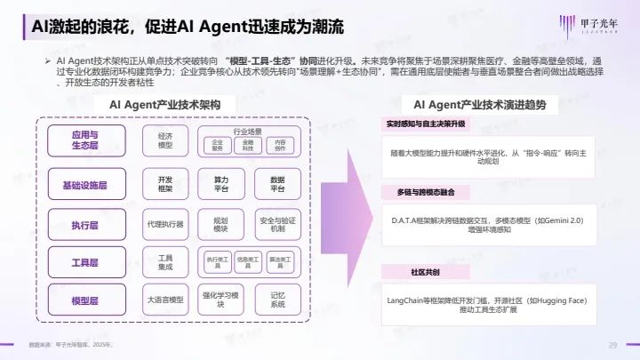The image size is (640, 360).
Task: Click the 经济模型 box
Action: [165, 140]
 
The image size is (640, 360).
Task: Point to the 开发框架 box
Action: [165, 184]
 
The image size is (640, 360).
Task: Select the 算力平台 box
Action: [221, 184]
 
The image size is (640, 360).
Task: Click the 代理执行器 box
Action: [165, 224]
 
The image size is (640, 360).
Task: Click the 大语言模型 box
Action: [165, 301]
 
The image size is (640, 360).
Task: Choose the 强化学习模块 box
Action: [221, 301]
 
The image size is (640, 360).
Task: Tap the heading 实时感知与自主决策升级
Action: [426, 124]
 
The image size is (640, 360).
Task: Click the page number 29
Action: [612, 345]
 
